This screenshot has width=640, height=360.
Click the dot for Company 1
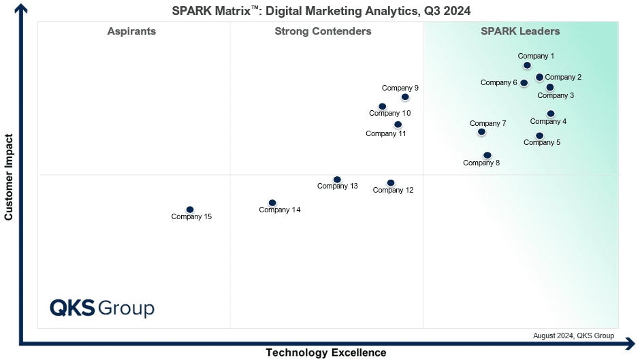(x=527, y=65)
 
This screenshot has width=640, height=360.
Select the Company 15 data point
(x=190, y=210)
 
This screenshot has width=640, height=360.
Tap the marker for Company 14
(x=272, y=203)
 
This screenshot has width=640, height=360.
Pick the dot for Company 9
(x=405, y=97)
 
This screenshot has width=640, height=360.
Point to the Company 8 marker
(x=487, y=156)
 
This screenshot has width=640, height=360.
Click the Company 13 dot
(x=337, y=180)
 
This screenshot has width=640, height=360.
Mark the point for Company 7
(x=481, y=132)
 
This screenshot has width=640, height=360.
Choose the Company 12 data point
(x=391, y=183)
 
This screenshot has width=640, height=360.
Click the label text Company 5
(x=542, y=142)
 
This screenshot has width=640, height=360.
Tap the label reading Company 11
(x=386, y=133)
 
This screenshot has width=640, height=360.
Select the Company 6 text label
(x=499, y=82)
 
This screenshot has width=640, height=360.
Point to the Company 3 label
(x=556, y=95)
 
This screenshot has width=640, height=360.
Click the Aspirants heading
(x=131, y=31)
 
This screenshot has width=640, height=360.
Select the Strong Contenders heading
(x=323, y=31)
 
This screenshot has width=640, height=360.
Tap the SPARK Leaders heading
(x=520, y=31)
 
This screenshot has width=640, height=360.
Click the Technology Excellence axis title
(x=326, y=353)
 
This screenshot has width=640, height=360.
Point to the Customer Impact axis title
(x=9, y=177)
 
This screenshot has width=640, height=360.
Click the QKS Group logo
(x=102, y=308)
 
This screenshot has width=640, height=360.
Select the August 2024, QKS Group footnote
(x=573, y=336)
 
